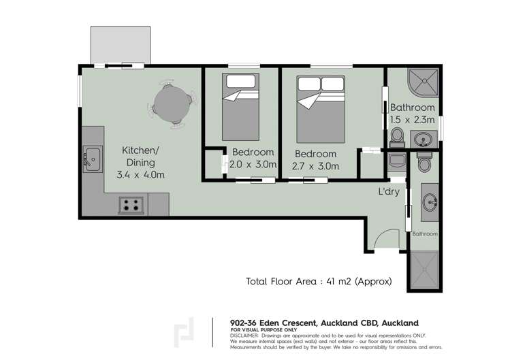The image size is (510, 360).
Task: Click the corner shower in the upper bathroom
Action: pyautogui.click(x=421, y=84)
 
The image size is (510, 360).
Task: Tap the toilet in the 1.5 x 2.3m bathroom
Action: pyautogui.click(x=397, y=140)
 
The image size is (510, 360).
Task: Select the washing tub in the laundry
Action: pyautogui.click(x=396, y=162)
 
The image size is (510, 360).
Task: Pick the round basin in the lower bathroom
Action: pyautogui.click(x=430, y=201)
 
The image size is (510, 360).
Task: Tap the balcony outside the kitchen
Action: pyautogui.click(x=122, y=45)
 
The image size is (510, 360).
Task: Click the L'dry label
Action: pyautogui.click(x=389, y=193)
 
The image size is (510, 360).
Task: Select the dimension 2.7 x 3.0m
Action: pyautogui.click(x=315, y=165)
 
